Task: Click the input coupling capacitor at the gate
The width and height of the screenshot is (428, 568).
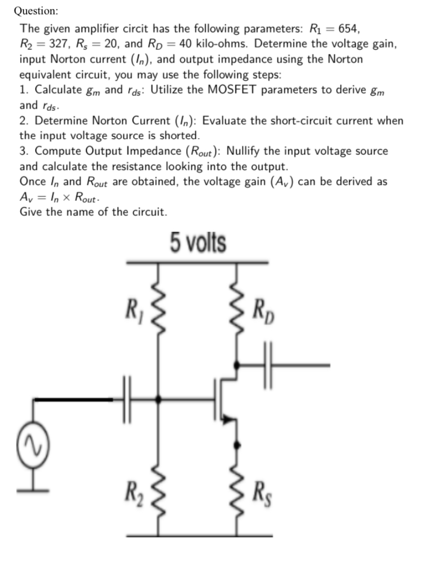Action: (127, 399)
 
